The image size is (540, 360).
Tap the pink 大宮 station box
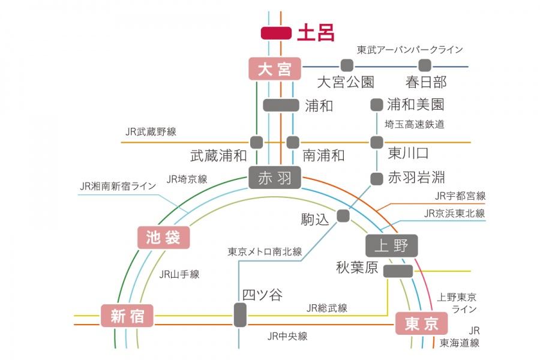[274, 69]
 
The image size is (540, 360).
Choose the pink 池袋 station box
[163, 238]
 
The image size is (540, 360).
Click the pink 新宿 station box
[127, 315]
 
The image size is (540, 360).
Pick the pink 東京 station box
[421, 325]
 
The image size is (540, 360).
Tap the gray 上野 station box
[391, 245]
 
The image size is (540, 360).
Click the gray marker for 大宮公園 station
[346, 65]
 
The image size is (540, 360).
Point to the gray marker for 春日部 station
[425, 65]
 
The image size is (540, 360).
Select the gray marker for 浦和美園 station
[377, 104]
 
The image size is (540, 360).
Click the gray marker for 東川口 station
[377, 142]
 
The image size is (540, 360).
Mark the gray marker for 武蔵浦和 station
[256, 142]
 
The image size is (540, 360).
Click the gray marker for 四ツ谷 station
[240, 315]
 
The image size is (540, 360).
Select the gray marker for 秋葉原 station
[398, 271]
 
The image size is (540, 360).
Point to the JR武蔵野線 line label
[151, 131]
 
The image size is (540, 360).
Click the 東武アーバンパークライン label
[410, 49]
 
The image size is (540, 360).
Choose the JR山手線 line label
[179, 274]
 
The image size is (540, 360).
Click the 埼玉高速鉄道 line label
[414, 124]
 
